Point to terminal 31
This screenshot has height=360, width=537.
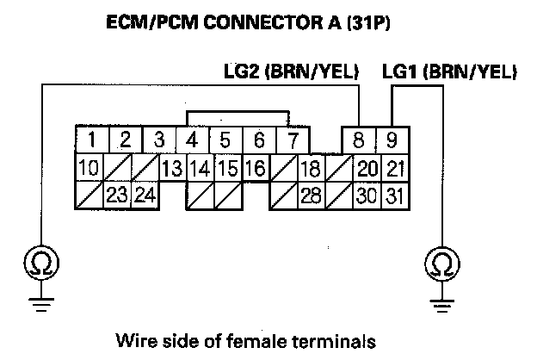393,195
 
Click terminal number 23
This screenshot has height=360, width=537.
117,195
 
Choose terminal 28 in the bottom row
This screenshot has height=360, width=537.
311,195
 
